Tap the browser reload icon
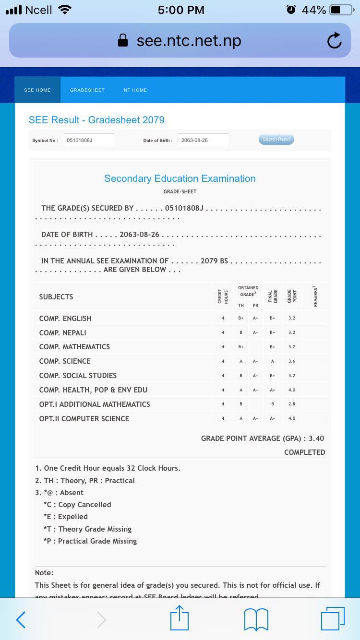click(x=334, y=41)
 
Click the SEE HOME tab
click(x=37, y=90)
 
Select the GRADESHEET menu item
click(x=87, y=90)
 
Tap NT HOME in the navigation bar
click(x=135, y=90)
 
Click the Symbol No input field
click(x=89, y=141)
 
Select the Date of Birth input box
click(x=203, y=141)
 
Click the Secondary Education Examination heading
click(x=180, y=178)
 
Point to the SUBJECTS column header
click(x=56, y=297)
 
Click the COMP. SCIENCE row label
click(x=65, y=361)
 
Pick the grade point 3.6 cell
click(x=292, y=361)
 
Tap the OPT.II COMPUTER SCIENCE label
click(x=84, y=419)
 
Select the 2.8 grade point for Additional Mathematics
click(x=292, y=404)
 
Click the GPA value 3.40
click(x=316, y=439)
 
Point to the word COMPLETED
click(x=304, y=452)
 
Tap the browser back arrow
click(x=21, y=620)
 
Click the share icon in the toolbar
click(x=180, y=618)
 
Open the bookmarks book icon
click(x=256, y=620)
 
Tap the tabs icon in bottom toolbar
click(x=333, y=619)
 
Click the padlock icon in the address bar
click(x=123, y=40)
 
